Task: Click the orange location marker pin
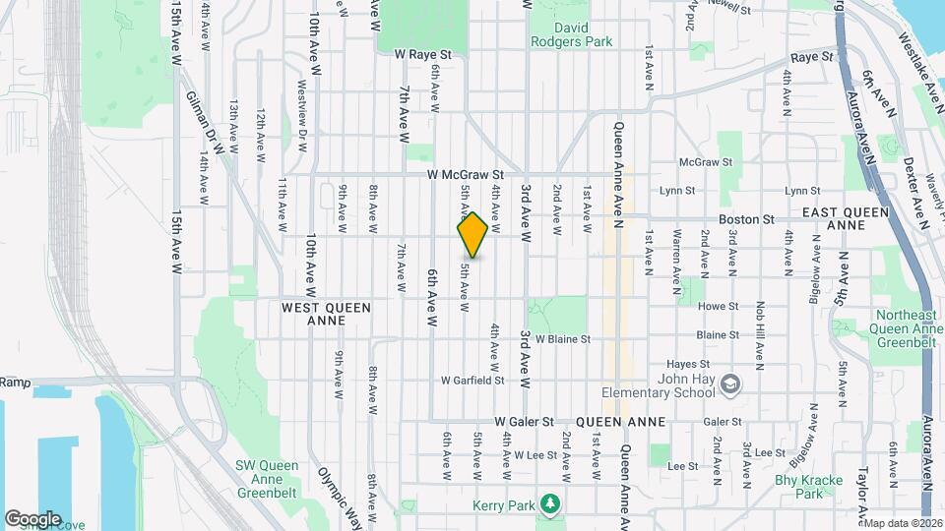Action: point(472,235)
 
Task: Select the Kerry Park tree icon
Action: point(553,504)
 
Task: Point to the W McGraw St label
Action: point(465,174)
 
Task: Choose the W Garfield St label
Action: point(472,380)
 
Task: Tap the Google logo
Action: point(32,518)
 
